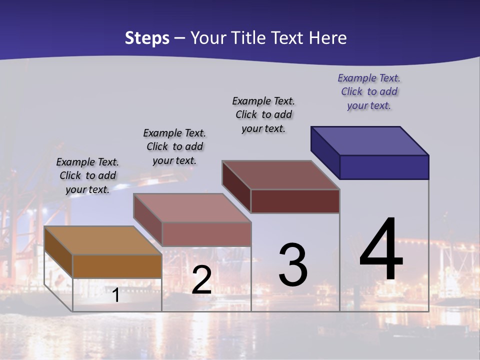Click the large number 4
point(381,250)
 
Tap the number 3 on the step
point(293,265)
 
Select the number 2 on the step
point(201,280)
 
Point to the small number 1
point(115,295)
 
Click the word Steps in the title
point(147,38)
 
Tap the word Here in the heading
point(328,38)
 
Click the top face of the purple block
point(370,140)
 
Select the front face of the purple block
point(384,167)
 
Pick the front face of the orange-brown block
point(117,266)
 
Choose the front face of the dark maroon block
point(295,201)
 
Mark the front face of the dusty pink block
point(206,234)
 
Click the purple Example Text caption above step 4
point(369,91)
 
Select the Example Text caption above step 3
point(263,114)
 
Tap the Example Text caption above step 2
point(174,146)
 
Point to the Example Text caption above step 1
point(87,175)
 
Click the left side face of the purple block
point(325,152)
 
